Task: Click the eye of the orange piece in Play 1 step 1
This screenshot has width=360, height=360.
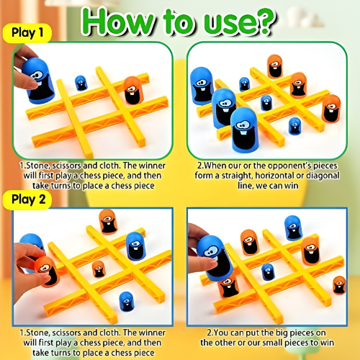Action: (x=131, y=91)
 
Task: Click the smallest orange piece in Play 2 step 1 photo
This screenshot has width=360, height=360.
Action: (x=99, y=269)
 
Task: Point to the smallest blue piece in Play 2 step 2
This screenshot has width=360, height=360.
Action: (x=268, y=271)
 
